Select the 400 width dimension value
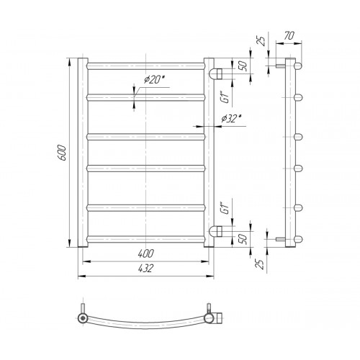tap(145, 253)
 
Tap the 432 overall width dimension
tap(145, 269)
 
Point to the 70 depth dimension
tap(289, 36)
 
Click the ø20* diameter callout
tap(156, 79)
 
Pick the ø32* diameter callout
tap(232, 118)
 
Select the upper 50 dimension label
tap(243, 66)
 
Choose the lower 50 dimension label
tap(243, 238)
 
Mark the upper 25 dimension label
tap(261, 40)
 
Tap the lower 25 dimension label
tap(260, 264)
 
